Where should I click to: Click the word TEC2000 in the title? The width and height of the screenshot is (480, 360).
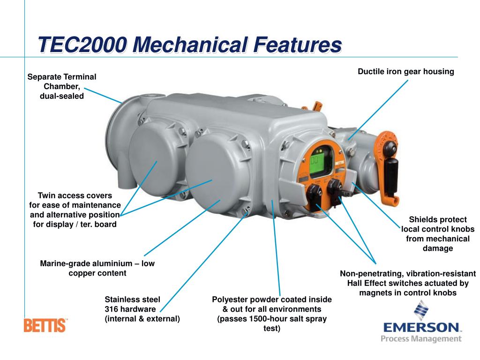pyautogui.click(x=82, y=46)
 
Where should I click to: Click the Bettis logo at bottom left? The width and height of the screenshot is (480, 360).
pyautogui.click(x=45, y=325)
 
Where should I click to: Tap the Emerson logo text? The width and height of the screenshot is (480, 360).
pyautogui.click(x=420, y=327)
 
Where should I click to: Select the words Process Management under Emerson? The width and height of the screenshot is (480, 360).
pyautogui.click(x=420, y=338)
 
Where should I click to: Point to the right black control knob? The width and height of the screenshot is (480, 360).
pyautogui.click(x=335, y=187)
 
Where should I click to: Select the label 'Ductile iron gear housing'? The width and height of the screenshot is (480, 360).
pyautogui.click(x=406, y=72)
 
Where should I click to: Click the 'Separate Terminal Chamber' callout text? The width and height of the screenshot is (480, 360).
pyautogui.click(x=62, y=86)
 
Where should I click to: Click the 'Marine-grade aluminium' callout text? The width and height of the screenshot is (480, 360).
pyautogui.click(x=97, y=268)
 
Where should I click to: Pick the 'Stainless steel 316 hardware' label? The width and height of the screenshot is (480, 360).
pyautogui.click(x=142, y=309)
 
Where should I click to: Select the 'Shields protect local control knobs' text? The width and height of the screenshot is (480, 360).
pyautogui.click(x=438, y=234)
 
